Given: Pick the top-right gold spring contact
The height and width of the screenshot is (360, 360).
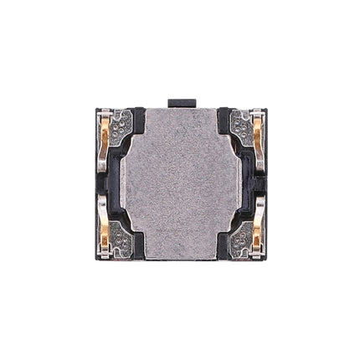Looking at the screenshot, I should tap(255, 131).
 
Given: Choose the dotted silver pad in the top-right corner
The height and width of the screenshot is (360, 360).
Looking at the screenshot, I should tap(240, 125).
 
